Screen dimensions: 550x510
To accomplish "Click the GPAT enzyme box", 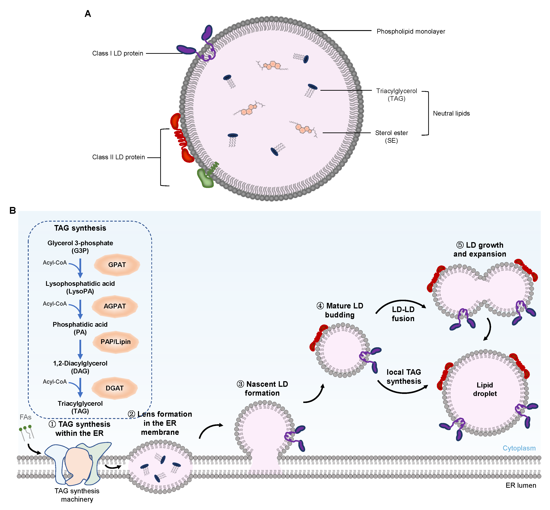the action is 117,265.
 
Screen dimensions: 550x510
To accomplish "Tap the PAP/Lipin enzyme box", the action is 115,342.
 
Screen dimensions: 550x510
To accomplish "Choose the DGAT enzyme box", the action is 115,388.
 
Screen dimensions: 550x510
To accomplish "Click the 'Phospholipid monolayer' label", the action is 411,32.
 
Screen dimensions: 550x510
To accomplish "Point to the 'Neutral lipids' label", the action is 451,113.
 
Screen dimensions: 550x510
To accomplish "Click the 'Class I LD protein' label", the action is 118,53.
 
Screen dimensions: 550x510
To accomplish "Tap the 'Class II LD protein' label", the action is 119,157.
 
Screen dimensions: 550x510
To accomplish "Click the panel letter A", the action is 88,14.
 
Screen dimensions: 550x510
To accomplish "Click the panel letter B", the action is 12,211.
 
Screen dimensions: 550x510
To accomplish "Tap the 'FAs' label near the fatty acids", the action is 25,417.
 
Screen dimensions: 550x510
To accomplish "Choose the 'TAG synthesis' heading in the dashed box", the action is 80,228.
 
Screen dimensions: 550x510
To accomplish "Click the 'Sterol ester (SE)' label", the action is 391,137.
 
